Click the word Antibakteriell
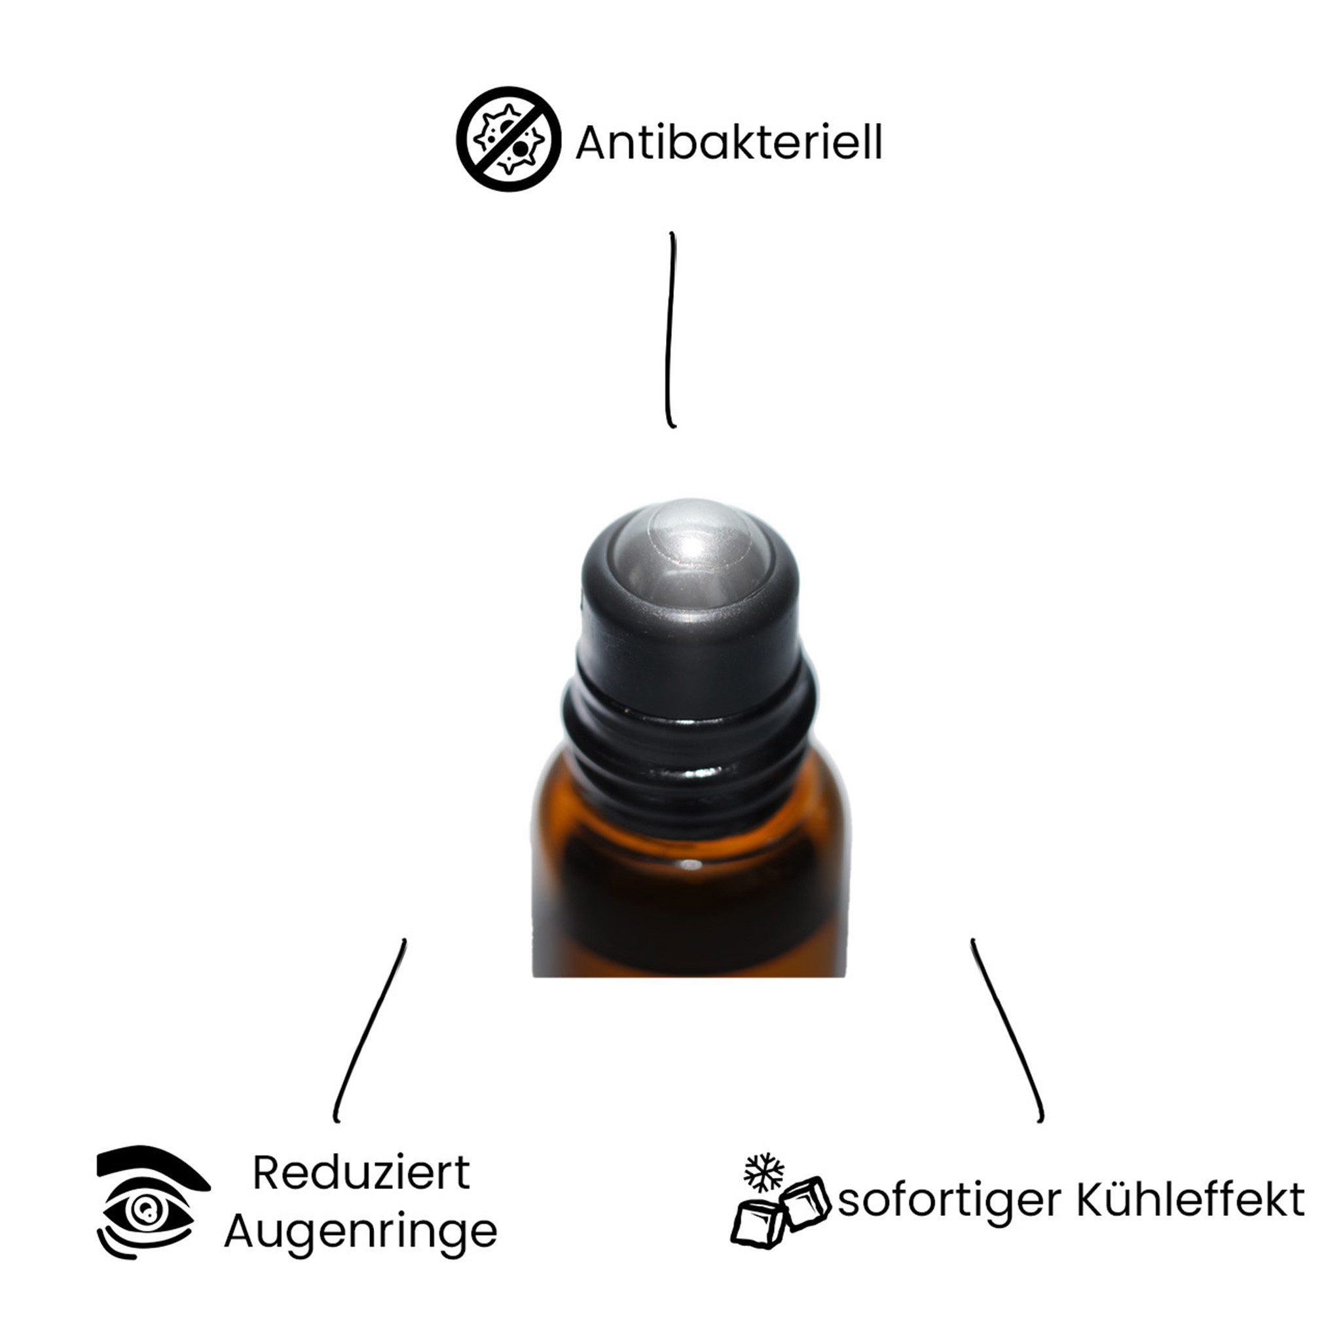(x=728, y=143)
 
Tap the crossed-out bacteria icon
(x=508, y=139)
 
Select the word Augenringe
(x=361, y=1232)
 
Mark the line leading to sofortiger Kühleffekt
(x=1006, y=1030)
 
